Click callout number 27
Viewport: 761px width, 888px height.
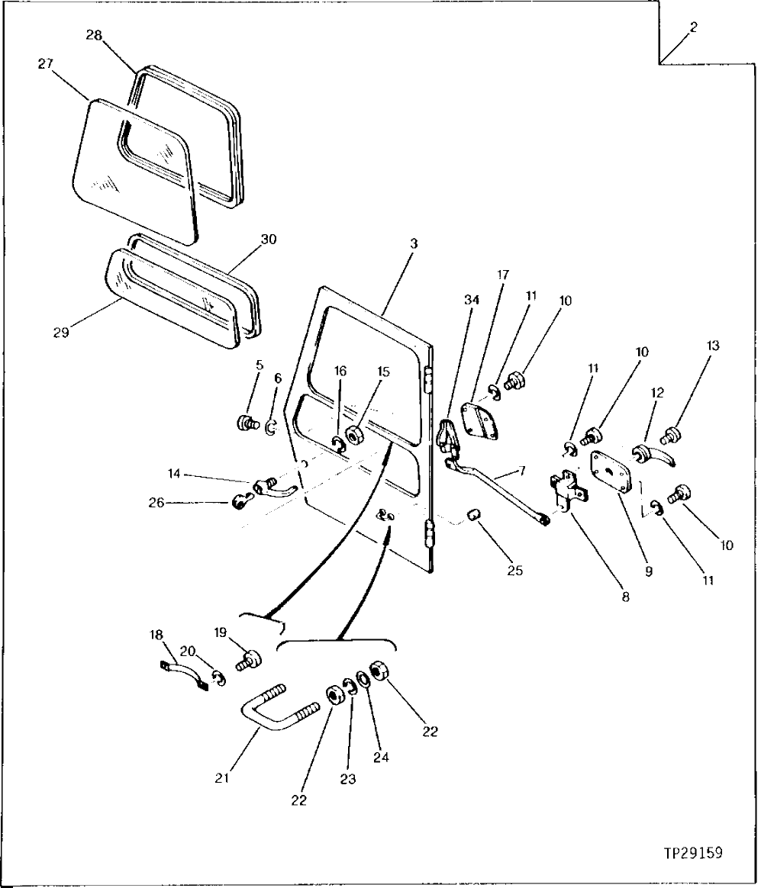pos(46,64)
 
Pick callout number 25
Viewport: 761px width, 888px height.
pos(514,570)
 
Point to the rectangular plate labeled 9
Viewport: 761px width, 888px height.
pos(612,473)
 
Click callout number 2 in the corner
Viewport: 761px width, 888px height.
pos(692,27)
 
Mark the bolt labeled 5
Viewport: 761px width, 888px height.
pos(246,423)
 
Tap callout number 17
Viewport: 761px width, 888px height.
pos(503,275)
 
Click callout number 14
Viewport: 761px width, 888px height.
pos(176,474)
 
